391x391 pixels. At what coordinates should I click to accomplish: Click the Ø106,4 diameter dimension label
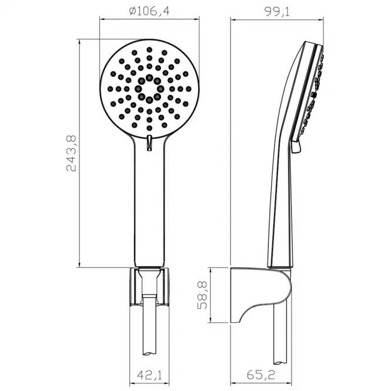coord(149,11)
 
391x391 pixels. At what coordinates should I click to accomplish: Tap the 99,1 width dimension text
coord(277,12)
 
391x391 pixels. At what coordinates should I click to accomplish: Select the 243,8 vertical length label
coord(72,153)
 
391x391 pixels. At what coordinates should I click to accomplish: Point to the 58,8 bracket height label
coord(202,295)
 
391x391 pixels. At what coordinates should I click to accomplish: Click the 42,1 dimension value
coord(149,375)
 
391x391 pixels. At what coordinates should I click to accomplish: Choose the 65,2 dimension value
coord(261,375)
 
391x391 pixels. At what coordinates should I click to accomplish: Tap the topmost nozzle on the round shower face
coord(149,49)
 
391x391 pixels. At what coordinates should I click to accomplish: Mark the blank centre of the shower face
coord(149,89)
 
